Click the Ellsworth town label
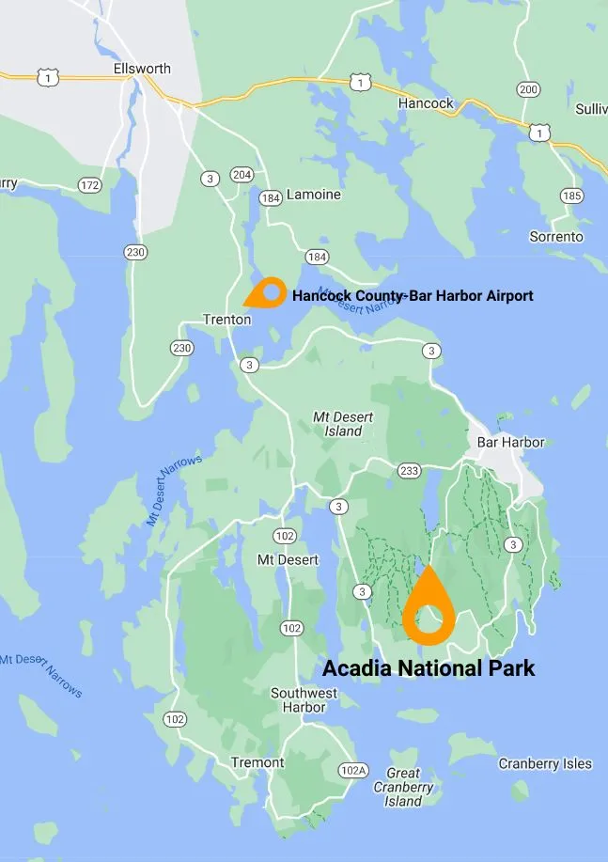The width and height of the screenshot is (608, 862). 142,69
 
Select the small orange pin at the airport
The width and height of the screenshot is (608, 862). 269,293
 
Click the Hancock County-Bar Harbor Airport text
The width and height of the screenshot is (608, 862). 413,296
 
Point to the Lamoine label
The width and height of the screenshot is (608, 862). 313,195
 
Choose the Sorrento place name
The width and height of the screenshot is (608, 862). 556,237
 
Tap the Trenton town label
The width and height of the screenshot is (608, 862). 227,320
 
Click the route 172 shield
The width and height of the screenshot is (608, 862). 89,185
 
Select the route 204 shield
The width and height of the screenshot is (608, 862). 242,175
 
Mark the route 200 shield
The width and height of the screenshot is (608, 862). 529,90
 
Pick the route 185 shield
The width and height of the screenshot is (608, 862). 571,196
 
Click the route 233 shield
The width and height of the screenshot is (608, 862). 409,470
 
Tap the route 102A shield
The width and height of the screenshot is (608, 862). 353,771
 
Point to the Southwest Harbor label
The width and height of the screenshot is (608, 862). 304,701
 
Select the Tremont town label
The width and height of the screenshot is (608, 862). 257,762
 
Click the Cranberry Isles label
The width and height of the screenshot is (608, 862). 545,763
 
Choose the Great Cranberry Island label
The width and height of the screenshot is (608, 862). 403,788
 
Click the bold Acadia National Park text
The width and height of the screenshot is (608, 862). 429,668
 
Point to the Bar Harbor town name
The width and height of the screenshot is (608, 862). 510,442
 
